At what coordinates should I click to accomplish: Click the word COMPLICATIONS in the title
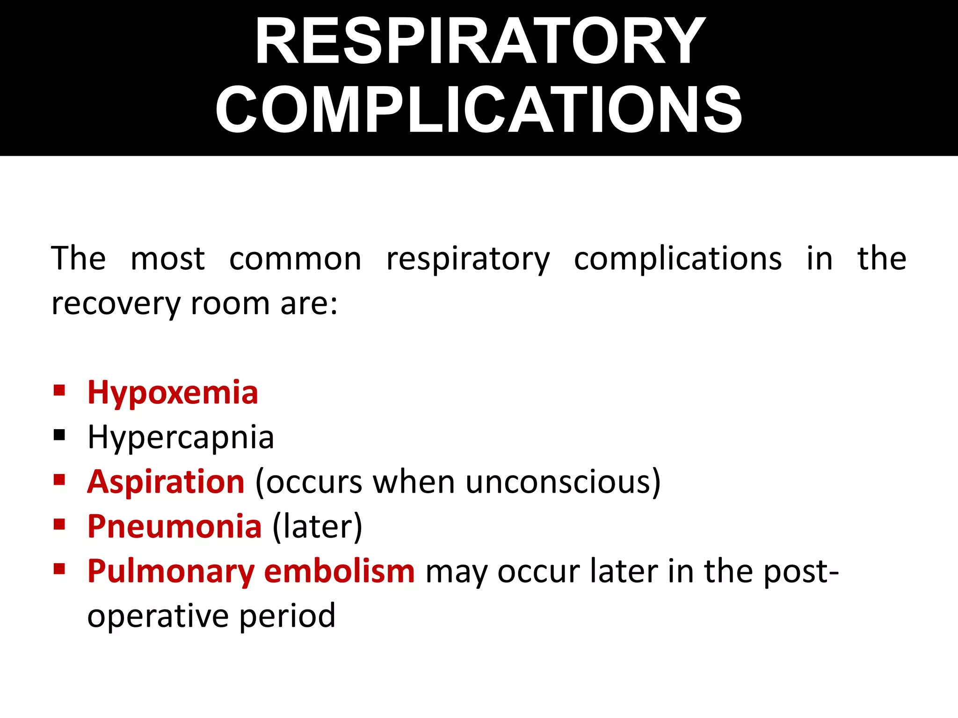478,110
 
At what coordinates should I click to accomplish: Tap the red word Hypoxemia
173,393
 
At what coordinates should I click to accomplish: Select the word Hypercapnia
181,438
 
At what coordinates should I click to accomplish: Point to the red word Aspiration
166,481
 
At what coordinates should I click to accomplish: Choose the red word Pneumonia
174,526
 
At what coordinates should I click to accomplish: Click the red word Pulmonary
170,571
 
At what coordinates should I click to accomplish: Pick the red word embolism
339,571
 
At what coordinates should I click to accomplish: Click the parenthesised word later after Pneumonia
317,526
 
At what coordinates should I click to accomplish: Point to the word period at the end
288,616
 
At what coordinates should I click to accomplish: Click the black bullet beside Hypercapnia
59,436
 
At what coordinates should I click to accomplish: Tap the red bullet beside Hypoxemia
59,390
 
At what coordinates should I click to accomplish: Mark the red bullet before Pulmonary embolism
59,569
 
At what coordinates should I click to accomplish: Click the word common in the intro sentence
295,258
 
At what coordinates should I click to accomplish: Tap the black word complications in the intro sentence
678,258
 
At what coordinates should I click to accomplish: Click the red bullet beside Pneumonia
59,524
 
